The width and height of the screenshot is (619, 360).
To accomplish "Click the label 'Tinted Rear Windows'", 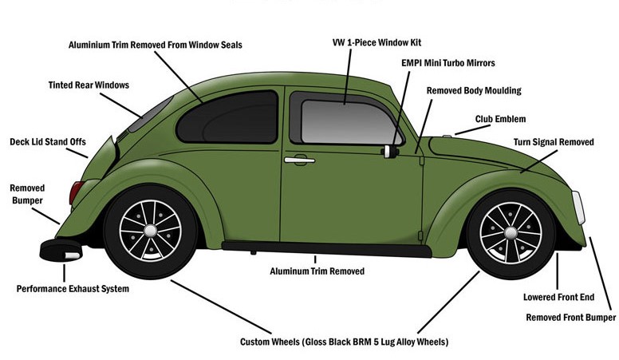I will (89, 85).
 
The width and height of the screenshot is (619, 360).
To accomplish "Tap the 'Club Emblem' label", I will (500, 119).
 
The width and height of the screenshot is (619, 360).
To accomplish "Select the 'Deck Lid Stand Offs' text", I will (47, 141).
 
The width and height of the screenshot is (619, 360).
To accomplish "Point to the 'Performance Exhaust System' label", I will (73, 288).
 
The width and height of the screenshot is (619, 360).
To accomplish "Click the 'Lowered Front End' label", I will (558, 297).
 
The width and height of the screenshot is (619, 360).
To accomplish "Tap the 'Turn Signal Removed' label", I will (554, 142).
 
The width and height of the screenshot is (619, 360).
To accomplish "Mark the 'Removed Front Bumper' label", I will (571, 318).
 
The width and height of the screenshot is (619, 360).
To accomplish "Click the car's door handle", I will (299, 160).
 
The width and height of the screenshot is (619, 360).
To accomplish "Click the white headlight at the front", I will (578, 207).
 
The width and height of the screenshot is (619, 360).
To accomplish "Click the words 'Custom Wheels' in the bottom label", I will (270, 342).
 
